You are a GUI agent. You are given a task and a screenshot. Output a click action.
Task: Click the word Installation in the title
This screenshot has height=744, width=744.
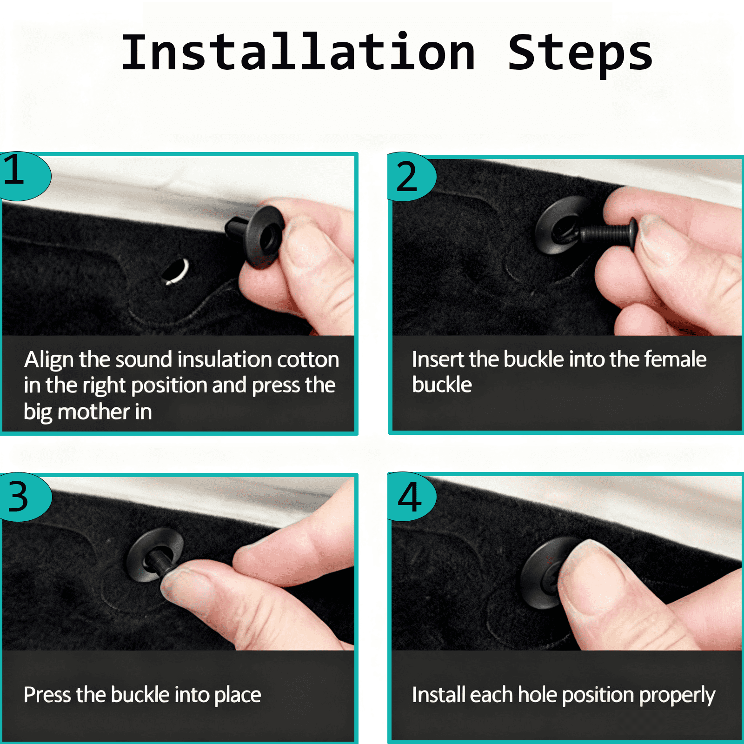coord(298,52)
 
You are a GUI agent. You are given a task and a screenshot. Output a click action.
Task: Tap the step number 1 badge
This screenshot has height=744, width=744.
coord(23,176)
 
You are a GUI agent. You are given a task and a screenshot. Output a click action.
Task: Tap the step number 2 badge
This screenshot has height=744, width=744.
coord(411,177)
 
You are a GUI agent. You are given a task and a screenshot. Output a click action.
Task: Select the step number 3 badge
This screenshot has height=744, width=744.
coord(25,497)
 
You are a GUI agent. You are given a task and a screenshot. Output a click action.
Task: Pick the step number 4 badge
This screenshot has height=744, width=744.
coord(412,497)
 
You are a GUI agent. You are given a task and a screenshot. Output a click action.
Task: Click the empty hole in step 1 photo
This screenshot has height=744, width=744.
coord(175,271)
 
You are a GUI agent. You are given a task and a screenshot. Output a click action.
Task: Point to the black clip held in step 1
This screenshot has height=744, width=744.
coord(254,235)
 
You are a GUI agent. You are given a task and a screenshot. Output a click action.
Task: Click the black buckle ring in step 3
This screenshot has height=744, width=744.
coord(154,554)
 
